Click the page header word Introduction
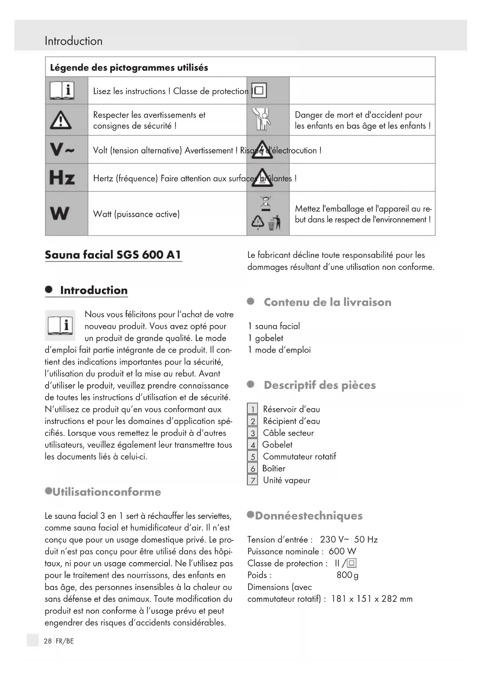coord(73,41)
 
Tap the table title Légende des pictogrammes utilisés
coord(129,68)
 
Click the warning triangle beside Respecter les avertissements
coord(61,120)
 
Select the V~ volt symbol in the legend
coord(62,149)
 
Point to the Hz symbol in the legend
coord(62,178)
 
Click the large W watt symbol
coord(60,214)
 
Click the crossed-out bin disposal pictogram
coord(266,203)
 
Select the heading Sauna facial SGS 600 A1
coord(113,255)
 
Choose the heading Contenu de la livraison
coord(327,302)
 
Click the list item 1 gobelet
coord(266,338)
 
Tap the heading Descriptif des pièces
coord(320,385)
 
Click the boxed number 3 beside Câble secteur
coord(253,433)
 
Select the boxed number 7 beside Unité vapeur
coord(253,481)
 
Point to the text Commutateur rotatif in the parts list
coord(299,457)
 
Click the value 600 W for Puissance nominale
coord(342,551)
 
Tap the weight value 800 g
coord(347,575)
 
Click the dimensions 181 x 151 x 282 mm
coord(372,599)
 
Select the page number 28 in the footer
coord(47,641)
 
